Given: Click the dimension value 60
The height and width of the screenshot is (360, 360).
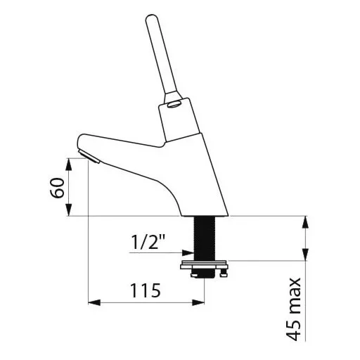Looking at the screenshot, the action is click(x=57, y=188).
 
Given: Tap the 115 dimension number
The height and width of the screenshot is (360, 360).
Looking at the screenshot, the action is click(x=146, y=290).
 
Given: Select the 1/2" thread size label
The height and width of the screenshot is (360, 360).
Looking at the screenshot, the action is click(x=148, y=242).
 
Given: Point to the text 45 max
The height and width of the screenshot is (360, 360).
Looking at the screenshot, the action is click(x=293, y=309).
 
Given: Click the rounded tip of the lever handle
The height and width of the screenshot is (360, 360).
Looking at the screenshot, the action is click(x=153, y=18).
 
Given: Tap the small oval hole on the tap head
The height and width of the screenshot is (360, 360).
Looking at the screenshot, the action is click(x=174, y=104).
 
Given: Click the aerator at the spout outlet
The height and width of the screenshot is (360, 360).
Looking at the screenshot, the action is click(x=89, y=157).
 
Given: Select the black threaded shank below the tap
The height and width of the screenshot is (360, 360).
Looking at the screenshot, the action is click(x=205, y=238).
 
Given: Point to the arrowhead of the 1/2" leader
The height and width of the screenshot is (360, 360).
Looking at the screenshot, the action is click(x=188, y=252).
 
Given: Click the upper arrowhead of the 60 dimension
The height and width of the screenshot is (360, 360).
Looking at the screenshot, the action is click(x=68, y=165).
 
